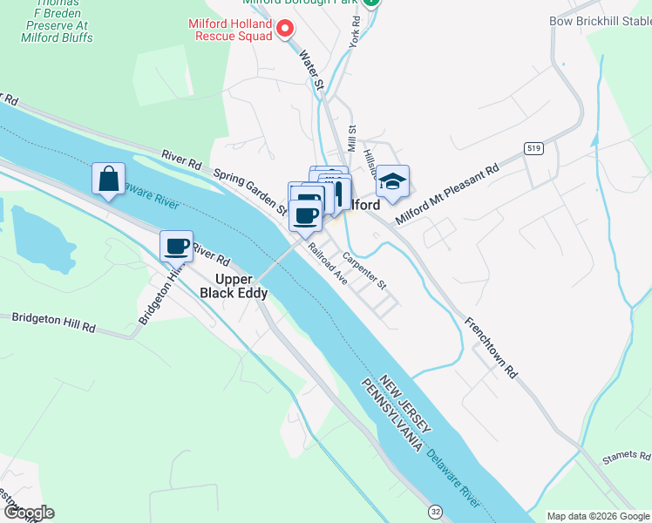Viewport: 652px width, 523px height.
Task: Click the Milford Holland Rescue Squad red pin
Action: point(284,30)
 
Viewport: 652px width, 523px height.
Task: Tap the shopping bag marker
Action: point(108,179)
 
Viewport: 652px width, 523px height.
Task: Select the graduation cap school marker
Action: point(392,181)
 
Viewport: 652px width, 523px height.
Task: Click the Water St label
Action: point(311,71)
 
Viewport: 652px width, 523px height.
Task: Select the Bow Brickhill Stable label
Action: point(601,21)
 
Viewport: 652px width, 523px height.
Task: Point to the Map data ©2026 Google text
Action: point(597,516)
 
